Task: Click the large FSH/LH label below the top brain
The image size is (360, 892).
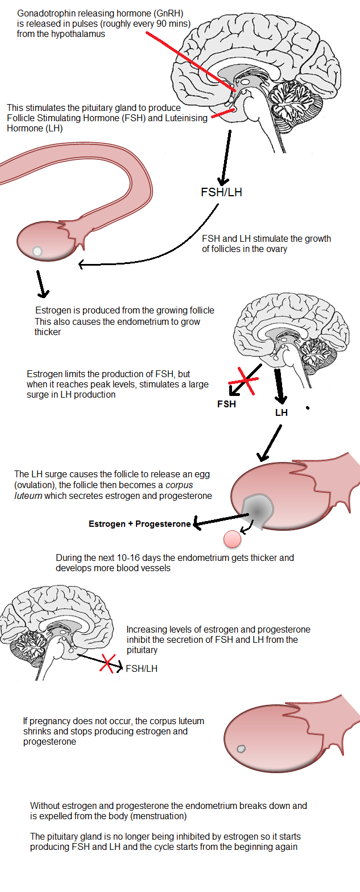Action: click(221, 192)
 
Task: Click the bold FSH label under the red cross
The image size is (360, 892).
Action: click(226, 404)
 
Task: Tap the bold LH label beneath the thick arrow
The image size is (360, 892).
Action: click(282, 412)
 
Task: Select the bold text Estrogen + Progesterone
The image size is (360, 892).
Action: click(139, 524)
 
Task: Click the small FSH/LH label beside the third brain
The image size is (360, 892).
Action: click(142, 668)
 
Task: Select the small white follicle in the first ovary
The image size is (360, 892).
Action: click(37, 251)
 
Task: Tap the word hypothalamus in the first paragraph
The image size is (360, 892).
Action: click(79, 34)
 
